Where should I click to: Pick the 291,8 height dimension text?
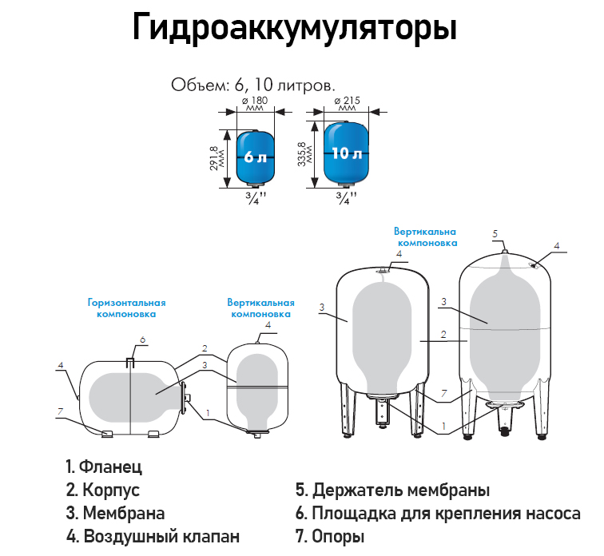point(214,157)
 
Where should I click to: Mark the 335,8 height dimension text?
point(302,155)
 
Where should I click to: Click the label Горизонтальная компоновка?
point(126,308)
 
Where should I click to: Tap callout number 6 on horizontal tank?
point(142,340)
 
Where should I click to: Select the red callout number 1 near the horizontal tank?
point(209,413)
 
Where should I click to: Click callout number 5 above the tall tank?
point(495,233)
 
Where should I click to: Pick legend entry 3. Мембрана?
point(115,513)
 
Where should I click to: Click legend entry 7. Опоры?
point(330,536)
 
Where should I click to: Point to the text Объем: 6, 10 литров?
point(253,83)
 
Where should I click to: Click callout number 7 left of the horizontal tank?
point(58,411)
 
